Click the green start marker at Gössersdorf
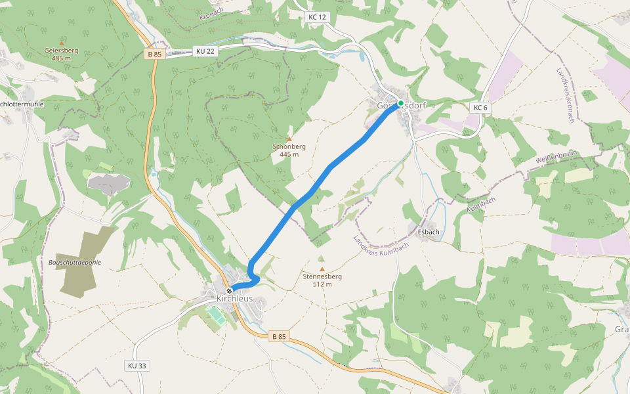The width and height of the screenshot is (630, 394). coord(400,103)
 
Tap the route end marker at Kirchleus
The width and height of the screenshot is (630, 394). coord(229,290)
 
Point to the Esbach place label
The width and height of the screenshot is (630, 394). coord(428,232)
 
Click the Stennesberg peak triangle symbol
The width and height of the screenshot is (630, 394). coord(322,269)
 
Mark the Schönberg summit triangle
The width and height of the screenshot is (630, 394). coord(289,139)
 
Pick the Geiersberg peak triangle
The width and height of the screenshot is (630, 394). coord(62,43)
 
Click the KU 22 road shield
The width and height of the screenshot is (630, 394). coord(205,51)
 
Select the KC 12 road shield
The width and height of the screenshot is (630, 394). coord(317,17)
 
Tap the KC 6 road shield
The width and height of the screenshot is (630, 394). coord(480,107)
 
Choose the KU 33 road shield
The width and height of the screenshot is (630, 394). coord(137,365)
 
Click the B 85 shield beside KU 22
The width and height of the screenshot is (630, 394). coord(154,55)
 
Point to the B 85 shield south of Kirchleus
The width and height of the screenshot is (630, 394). coord(279,336)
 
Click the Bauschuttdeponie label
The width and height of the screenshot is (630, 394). coord(75,262)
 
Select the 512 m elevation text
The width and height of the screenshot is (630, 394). coord(322,284)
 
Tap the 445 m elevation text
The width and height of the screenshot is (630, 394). coord(289,154)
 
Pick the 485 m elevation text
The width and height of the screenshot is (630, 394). coord(62,58)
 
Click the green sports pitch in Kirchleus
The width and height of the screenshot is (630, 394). coord(217,317)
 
